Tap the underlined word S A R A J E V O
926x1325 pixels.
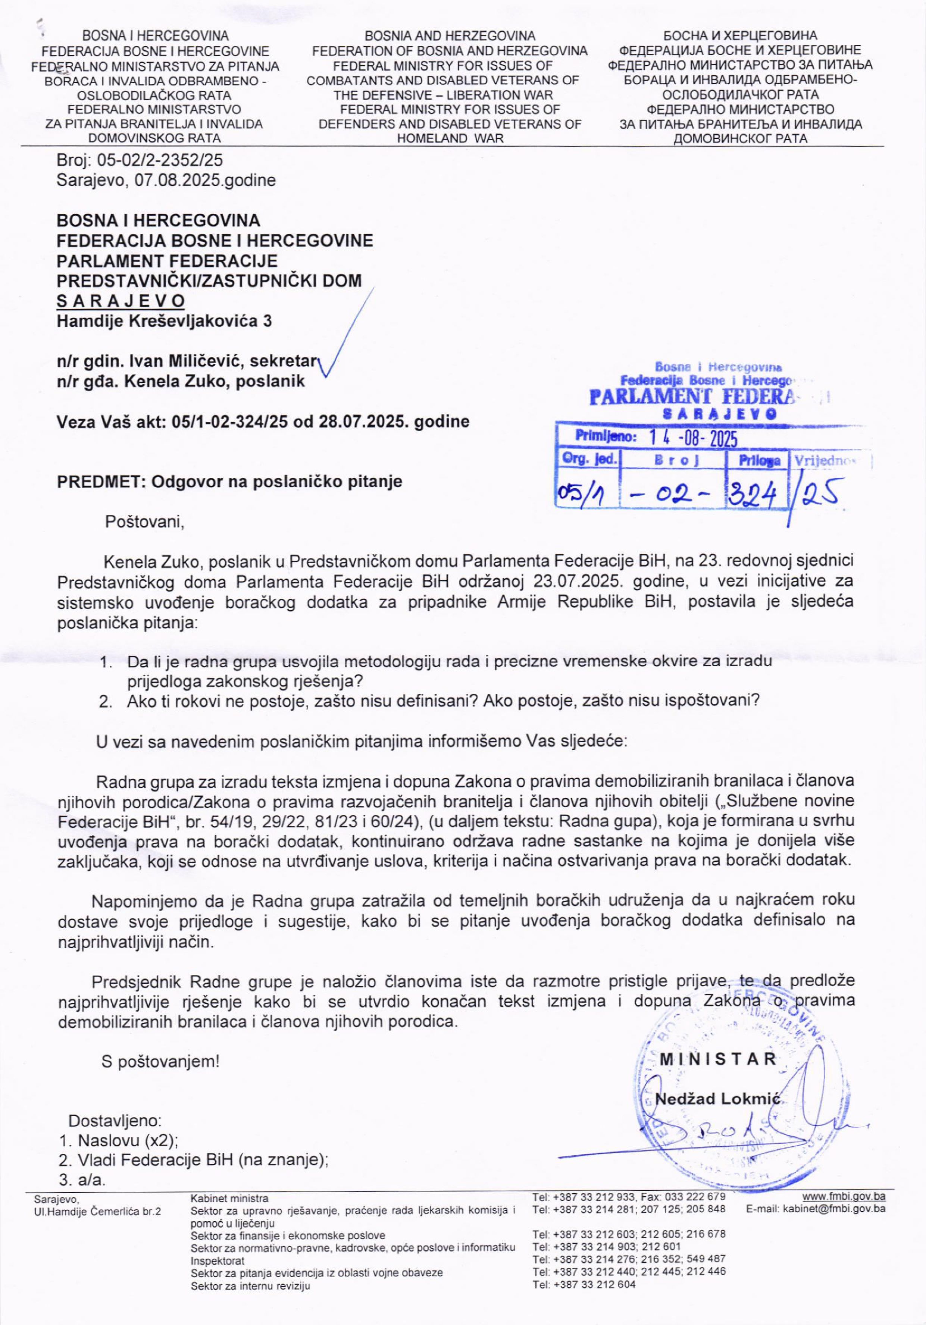click(x=121, y=301)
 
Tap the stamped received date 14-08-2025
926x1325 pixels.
click(x=693, y=439)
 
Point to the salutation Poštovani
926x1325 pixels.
click(x=144, y=522)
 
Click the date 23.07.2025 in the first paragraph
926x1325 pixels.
click(x=572, y=580)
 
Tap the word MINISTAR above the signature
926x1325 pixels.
click(x=718, y=1059)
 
